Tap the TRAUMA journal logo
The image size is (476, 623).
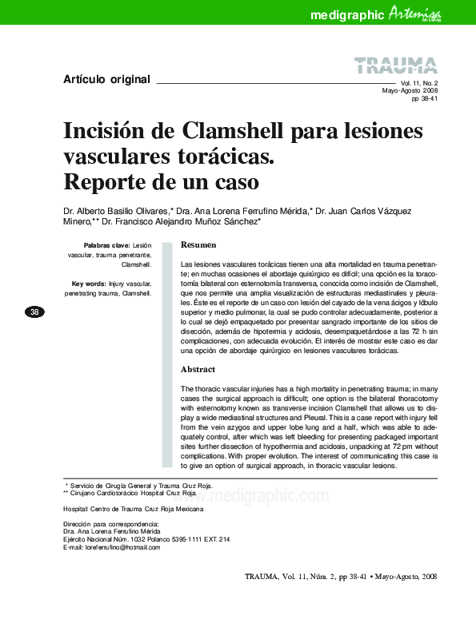(395, 66)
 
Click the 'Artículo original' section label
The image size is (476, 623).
(106, 79)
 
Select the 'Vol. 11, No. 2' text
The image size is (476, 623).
(418, 83)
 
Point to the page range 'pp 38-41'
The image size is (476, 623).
(424, 99)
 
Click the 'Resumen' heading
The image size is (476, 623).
(198, 244)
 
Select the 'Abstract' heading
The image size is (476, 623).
(198, 370)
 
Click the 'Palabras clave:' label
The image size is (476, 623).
(106, 245)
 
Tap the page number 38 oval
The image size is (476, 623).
(34, 311)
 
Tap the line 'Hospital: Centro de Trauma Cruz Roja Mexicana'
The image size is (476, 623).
(133, 509)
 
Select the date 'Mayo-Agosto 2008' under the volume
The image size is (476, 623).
(410, 91)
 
